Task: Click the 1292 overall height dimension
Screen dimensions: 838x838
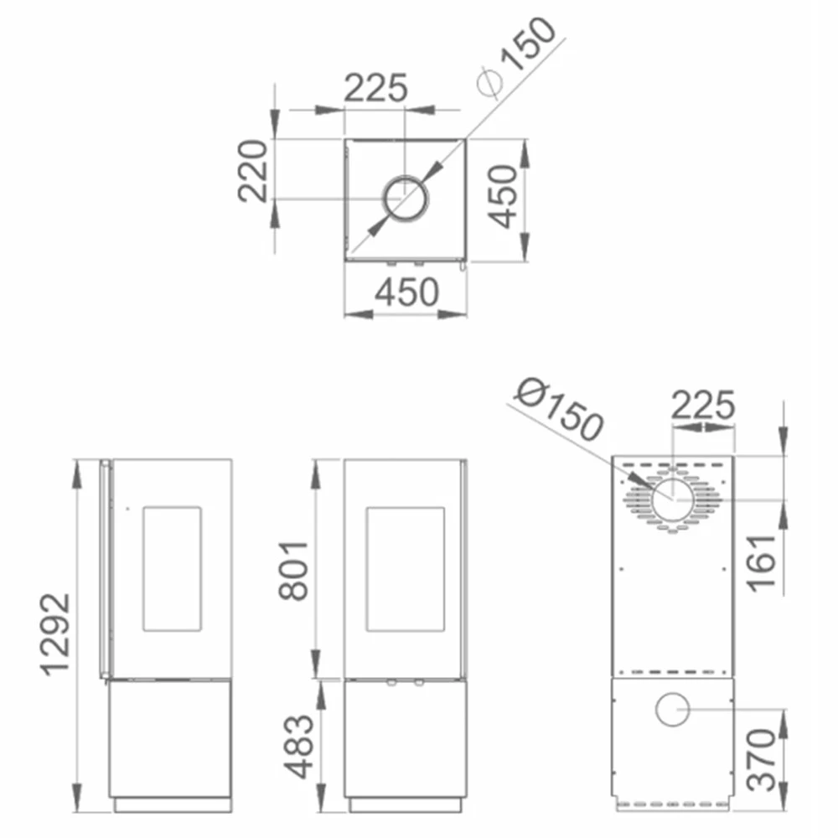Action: pyautogui.click(x=57, y=634)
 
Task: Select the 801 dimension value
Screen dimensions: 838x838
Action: pyautogui.click(x=293, y=571)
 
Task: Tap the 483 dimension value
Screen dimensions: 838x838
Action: pyautogui.click(x=297, y=746)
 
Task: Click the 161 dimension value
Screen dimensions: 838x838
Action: pyautogui.click(x=761, y=563)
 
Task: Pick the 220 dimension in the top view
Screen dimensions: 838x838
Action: pyautogui.click(x=252, y=171)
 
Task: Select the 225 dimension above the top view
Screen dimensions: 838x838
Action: pyautogui.click(x=375, y=88)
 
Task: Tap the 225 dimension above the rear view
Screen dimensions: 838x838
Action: pyautogui.click(x=703, y=405)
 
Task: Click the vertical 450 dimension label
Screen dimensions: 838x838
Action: pyautogui.click(x=503, y=197)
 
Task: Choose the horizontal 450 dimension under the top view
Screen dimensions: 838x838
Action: pyautogui.click(x=406, y=292)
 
